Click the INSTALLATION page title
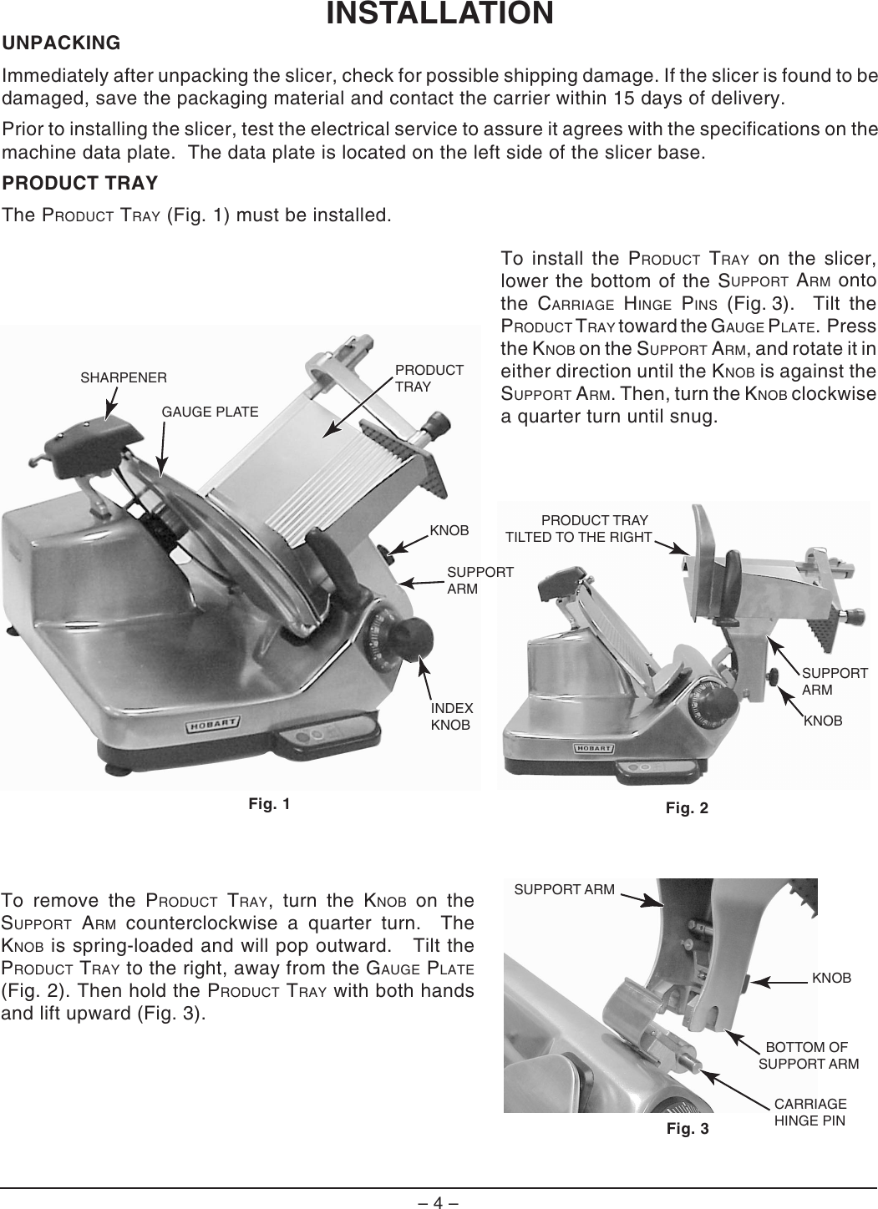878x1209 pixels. click(x=439, y=14)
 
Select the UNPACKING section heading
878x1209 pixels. click(x=62, y=43)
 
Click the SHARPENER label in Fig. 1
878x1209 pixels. click(x=124, y=377)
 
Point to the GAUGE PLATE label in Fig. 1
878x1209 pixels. click(x=210, y=412)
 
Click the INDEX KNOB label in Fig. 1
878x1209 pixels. click(x=451, y=716)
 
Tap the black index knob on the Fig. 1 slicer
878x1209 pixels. click(x=411, y=640)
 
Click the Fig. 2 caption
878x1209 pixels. click(x=688, y=808)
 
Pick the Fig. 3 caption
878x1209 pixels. click(x=688, y=1130)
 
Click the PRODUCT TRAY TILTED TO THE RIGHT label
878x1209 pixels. click(x=580, y=529)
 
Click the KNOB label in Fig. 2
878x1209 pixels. click(x=822, y=720)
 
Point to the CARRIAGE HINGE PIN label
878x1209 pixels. click(x=810, y=1112)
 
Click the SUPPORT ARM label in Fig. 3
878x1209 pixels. click(x=564, y=890)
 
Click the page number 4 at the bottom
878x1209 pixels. click(x=439, y=1202)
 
